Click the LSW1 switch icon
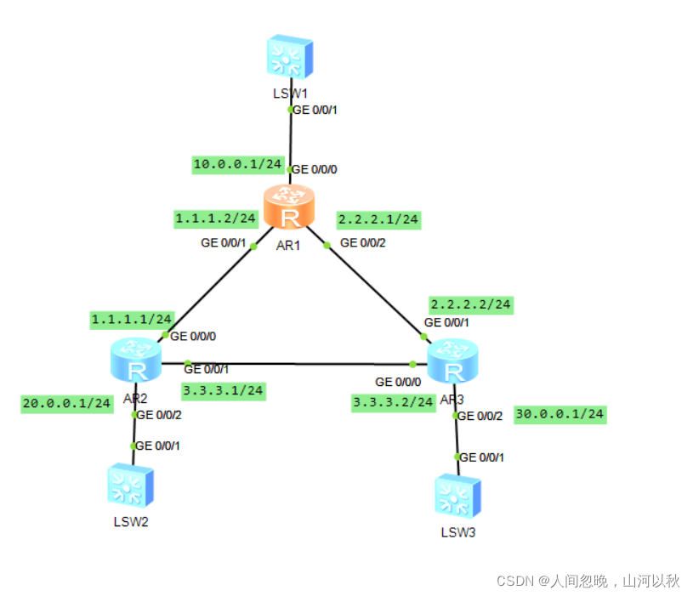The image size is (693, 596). [289, 58]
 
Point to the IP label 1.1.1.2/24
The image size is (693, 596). [216, 219]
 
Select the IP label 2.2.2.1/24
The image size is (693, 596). [378, 219]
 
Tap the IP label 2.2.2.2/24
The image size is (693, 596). [471, 304]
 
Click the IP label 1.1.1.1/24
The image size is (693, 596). [133, 319]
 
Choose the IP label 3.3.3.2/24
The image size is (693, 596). [394, 402]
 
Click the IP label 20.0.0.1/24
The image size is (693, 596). [67, 403]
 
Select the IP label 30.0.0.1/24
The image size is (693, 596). [560, 414]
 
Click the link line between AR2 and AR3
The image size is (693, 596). [298, 364]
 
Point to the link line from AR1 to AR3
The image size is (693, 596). [374, 288]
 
